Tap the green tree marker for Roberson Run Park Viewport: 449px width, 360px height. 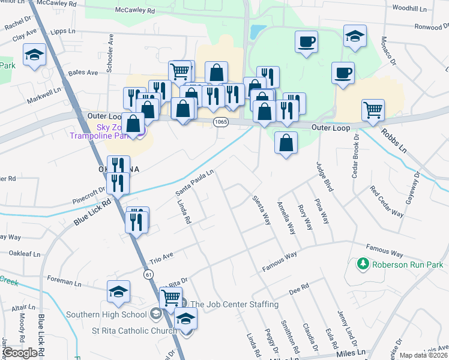point(363,264)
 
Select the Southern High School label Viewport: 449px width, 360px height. point(106,314)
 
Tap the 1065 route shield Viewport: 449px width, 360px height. point(219,121)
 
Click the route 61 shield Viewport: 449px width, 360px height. point(147,274)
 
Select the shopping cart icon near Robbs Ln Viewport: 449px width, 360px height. point(373,110)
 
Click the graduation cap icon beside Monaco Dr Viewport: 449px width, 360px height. point(355,35)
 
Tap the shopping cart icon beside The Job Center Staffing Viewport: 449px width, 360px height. point(172,297)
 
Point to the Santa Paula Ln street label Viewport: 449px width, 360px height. point(194,183)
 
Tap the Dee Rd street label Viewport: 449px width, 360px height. point(298,290)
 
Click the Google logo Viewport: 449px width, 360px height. point(20,353)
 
